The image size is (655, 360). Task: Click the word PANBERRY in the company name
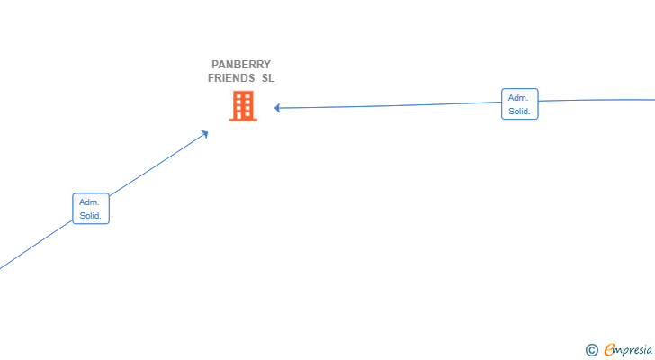point(241,65)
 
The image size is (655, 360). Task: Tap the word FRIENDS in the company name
point(231,78)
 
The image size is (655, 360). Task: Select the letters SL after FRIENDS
point(268,78)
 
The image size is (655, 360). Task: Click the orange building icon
point(243,106)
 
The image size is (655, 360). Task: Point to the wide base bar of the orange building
point(243,120)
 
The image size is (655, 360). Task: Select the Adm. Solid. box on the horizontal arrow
point(520,104)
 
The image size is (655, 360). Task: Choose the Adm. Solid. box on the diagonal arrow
point(91,209)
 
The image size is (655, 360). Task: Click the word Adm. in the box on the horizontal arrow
point(518,98)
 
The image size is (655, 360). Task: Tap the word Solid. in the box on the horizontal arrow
point(519,112)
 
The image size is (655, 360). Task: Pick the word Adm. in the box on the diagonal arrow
point(89,202)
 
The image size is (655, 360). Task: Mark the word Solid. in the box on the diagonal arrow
point(90,216)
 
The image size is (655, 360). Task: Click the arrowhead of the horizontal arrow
point(277,108)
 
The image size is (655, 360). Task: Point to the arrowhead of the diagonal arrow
point(204,134)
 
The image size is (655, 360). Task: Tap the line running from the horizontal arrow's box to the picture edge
point(597,100)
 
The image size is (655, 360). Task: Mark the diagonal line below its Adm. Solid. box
point(36,245)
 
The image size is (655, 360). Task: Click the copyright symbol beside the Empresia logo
point(591,350)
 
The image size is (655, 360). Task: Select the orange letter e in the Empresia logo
point(609,349)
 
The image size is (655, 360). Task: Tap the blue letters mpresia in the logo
point(633,350)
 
